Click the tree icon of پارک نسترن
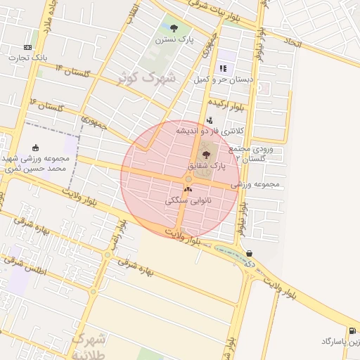click(x=174, y=28)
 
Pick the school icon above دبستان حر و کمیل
click(x=223, y=68)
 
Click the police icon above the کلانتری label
click(x=210, y=120)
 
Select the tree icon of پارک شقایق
click(x=206, y=154)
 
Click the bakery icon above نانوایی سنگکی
click(x=187, y=189)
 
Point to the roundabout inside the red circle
click(x=189, y=179)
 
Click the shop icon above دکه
click(x=250, y=254)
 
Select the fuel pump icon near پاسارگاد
click(x=352, y=330)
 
